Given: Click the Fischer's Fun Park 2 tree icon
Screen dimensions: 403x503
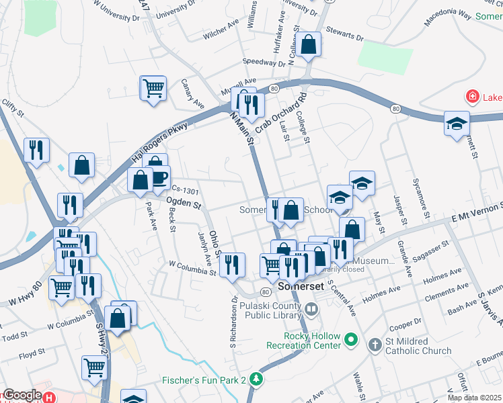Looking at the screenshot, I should [256, 379].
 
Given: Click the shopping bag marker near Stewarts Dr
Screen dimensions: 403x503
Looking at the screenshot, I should [309, 45].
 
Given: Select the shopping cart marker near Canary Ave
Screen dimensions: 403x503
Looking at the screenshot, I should [153, 88].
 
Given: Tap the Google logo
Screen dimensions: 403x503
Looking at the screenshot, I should [22, 396].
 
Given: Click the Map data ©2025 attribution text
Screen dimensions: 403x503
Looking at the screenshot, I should [475, 398].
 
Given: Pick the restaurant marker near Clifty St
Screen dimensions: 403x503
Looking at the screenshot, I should [36, 150].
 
